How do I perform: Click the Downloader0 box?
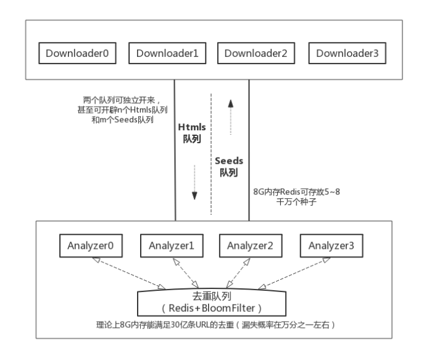point(74,53)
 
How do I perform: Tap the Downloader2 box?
point(256,53)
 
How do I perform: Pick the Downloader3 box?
point(348,53)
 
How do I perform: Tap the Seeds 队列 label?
point(229,165)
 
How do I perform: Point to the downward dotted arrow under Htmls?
point(194,182)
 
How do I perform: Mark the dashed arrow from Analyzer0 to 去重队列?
point(130,273)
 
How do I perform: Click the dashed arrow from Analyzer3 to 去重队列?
point(294,273)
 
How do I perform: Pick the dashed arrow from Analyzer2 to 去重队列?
point(241,272)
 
